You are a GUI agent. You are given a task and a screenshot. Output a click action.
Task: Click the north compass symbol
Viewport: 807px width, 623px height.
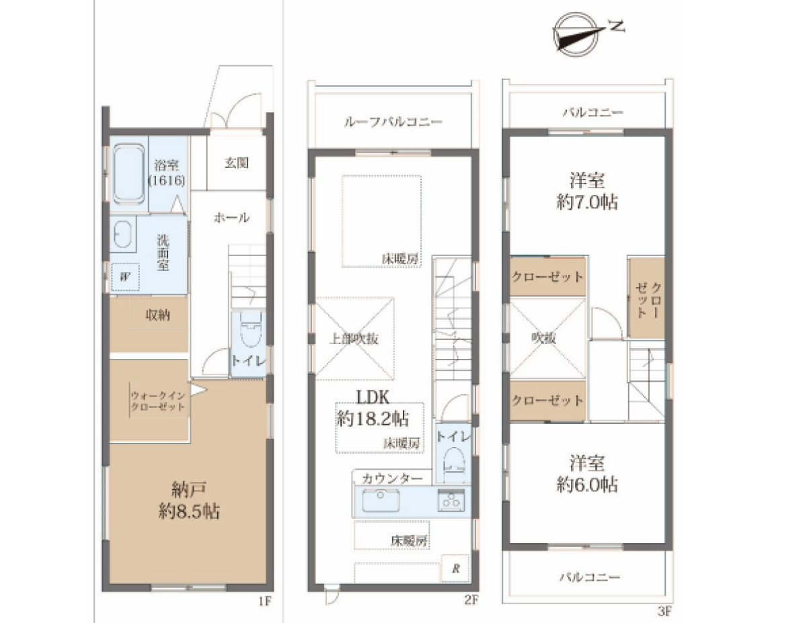[x=576, y=34]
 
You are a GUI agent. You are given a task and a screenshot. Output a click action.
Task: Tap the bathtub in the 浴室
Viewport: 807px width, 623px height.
[x=128, y=174]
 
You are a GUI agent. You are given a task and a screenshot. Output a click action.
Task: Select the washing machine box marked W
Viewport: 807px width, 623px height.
[x=125, y=277]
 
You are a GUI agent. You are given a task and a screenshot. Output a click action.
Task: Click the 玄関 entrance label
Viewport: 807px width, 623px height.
[x=236, y=163]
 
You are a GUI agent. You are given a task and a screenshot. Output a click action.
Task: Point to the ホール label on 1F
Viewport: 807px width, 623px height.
[x=231, y=218]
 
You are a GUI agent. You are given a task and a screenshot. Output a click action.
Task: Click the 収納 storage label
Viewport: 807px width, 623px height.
[x=157, y=315]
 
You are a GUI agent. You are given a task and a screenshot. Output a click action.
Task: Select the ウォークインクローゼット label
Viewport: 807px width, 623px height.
[x=158, y=401]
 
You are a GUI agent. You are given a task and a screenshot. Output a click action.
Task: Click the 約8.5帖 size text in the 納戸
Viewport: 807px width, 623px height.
[x=189, y=511]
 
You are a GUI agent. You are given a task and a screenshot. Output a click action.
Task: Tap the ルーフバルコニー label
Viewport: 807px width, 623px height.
[x=393, y=122]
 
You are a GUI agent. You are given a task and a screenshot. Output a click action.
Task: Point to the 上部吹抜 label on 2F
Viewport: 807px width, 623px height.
[x=354, y=339]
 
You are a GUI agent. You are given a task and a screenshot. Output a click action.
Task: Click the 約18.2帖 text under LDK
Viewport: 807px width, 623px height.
[x=372, y=419]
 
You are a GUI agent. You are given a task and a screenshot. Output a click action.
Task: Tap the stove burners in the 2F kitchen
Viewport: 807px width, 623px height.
[x=452, y=500]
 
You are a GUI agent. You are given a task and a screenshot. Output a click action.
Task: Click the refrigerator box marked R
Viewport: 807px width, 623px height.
[x=455, y=569]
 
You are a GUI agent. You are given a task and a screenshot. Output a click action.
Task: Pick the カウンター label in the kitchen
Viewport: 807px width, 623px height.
[x=392, y=479]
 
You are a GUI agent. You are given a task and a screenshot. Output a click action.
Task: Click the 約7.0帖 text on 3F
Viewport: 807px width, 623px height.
[x=587, y=202]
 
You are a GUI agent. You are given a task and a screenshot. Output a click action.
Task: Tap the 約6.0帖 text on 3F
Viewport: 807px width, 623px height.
[x=587, y=485]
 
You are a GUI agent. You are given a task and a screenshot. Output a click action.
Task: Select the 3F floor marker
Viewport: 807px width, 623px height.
[x=665, y=611]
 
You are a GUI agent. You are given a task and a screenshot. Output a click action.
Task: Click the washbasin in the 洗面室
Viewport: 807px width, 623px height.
[x=123, y=235]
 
